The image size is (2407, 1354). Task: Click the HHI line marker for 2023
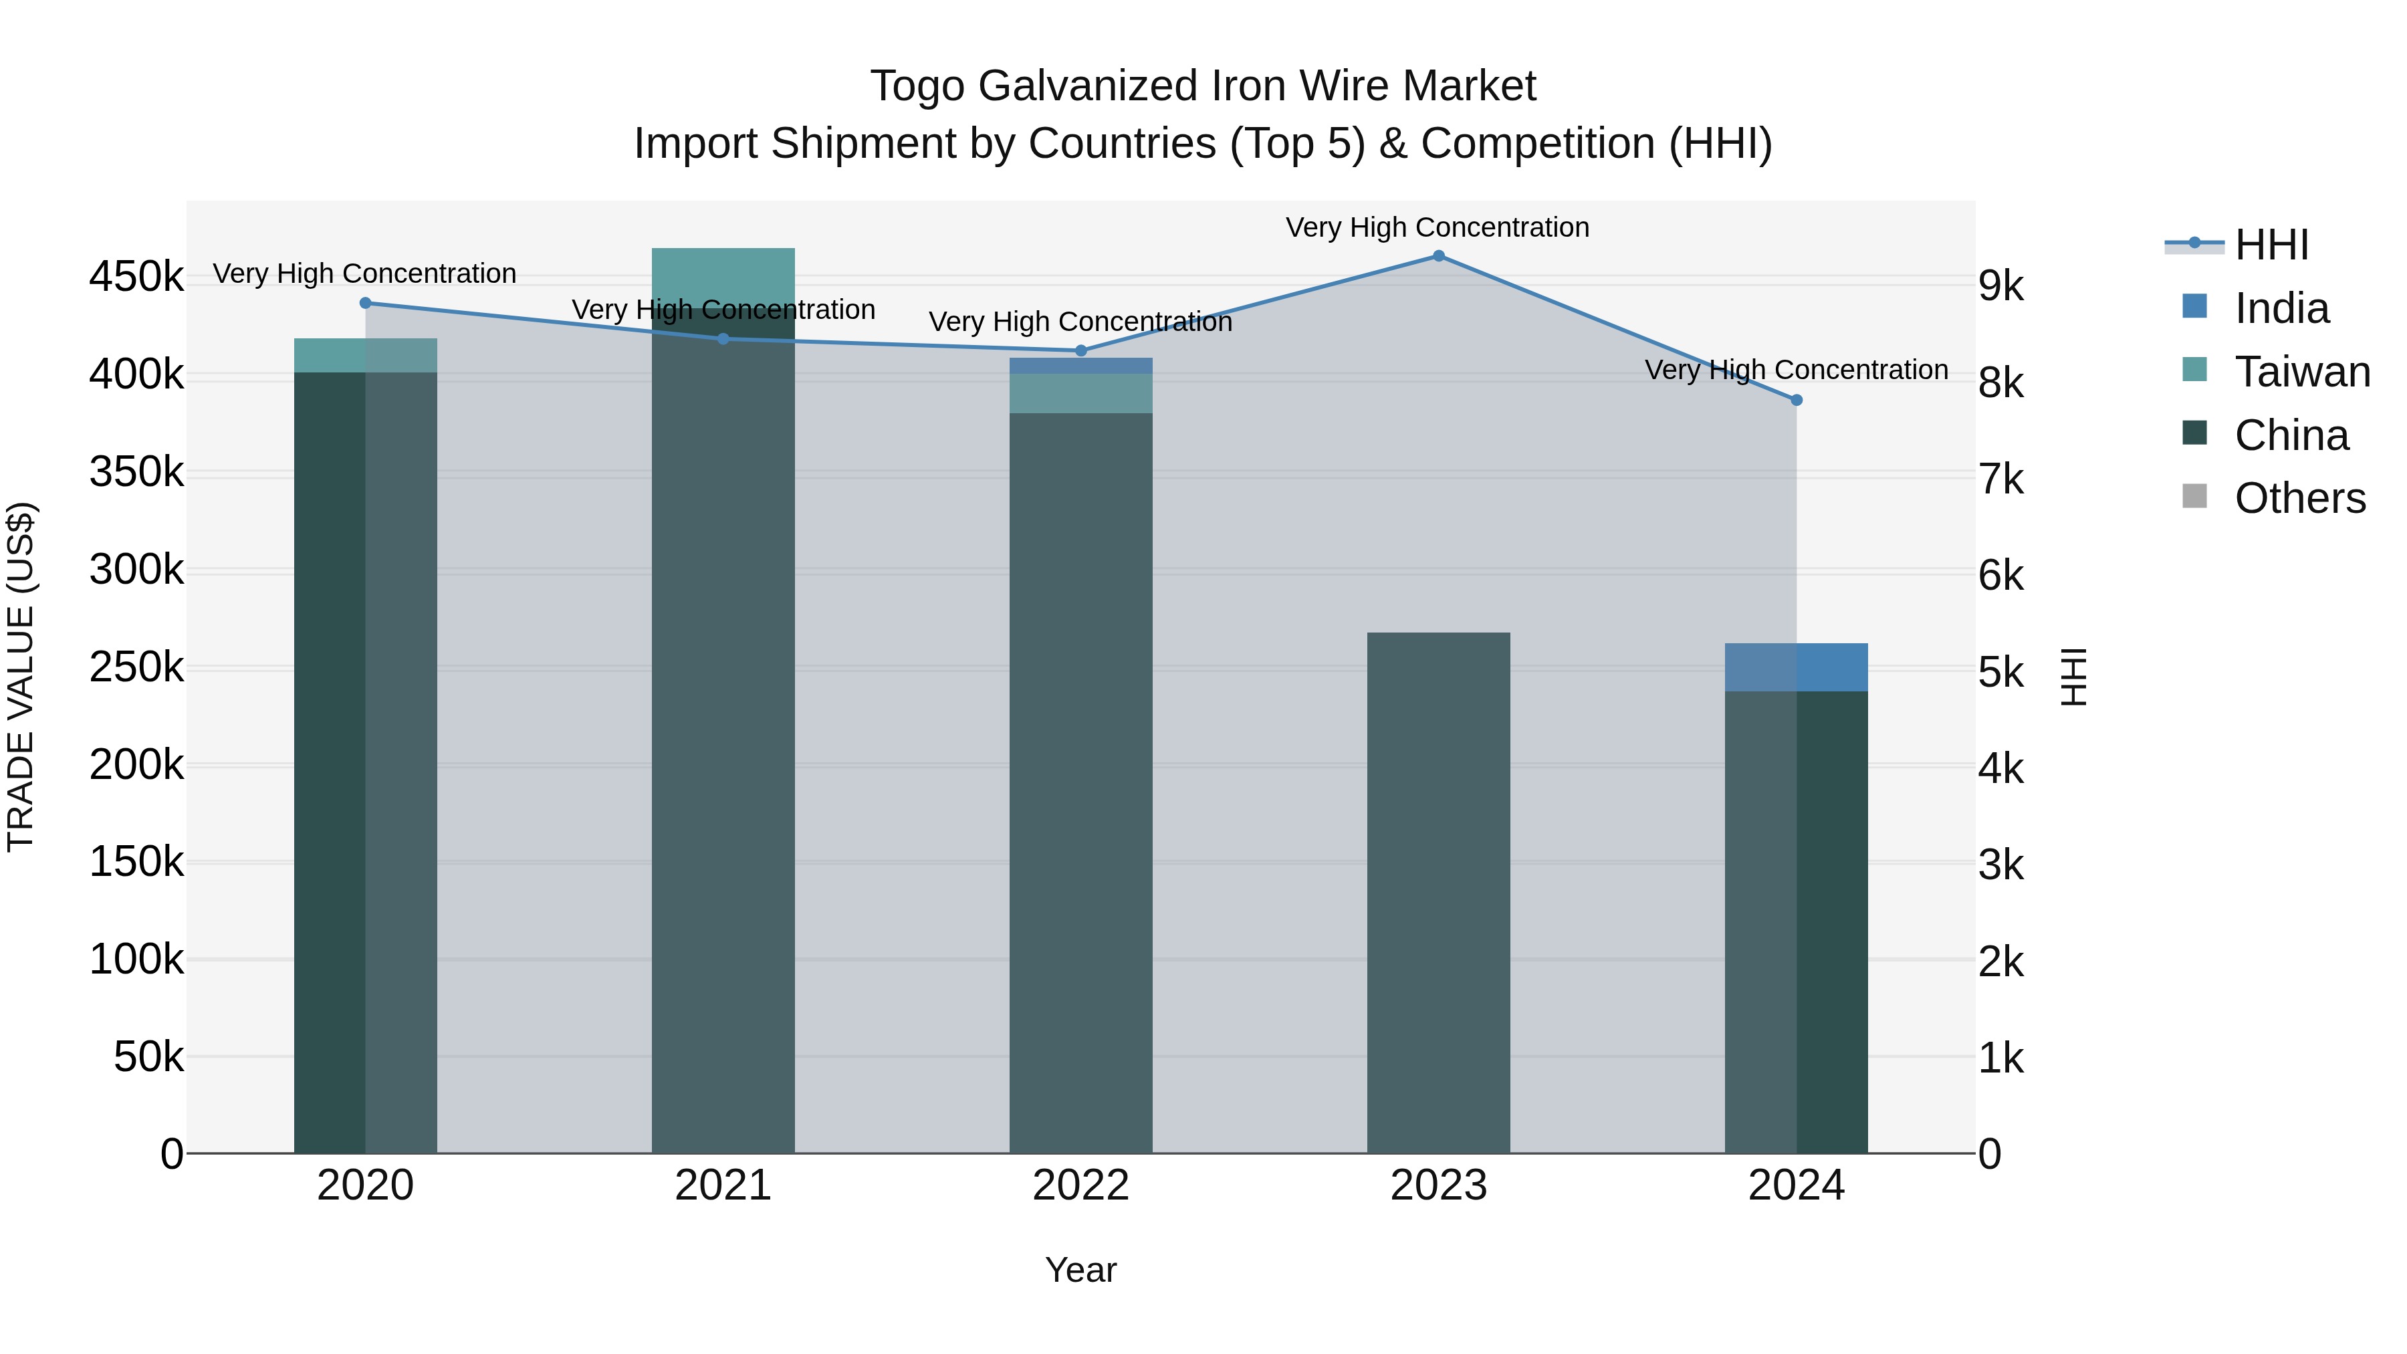point(1438,256)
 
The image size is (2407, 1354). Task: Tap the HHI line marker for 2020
point(365,303)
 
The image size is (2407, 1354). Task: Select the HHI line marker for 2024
point(1796,400)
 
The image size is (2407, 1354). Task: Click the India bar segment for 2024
point(1796,667)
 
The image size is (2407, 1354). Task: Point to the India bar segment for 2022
point(1080,365)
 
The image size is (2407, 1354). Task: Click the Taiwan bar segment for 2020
point(365,355)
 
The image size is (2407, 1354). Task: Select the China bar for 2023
point(1438,893)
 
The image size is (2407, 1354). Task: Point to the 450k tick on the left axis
point(136,277)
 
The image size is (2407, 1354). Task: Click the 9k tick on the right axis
point(2000,287)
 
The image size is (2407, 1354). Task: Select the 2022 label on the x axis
point(1080,1186)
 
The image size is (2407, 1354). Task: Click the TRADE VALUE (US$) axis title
point(21,677)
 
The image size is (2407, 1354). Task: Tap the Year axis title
point(1080,1270)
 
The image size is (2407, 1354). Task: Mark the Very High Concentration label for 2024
point(1796,370)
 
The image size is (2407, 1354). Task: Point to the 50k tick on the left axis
point(148,1057)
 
